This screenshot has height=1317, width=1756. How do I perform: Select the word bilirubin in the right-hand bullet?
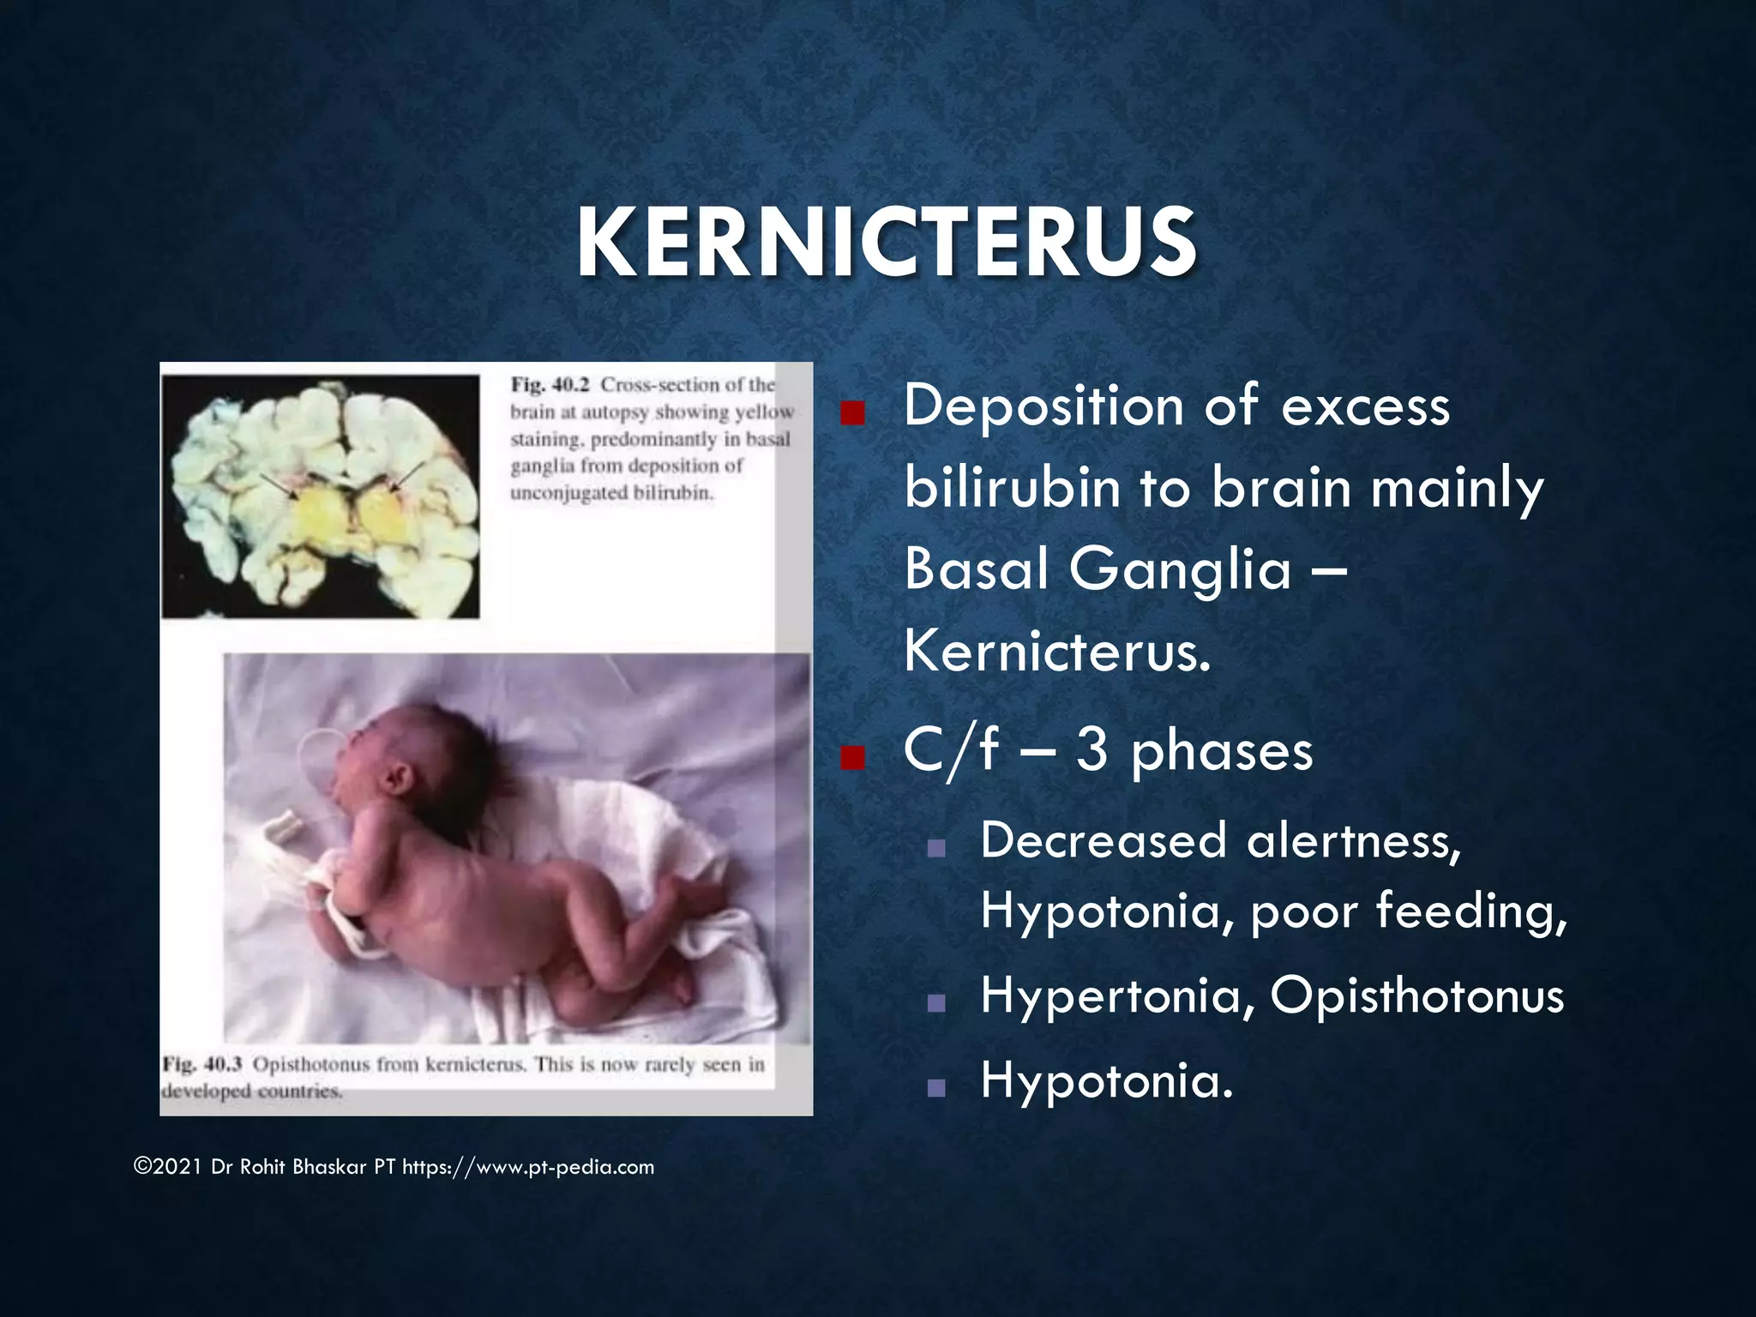click(x=1012, y=487)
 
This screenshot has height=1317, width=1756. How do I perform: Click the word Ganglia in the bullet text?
click(x=1180, y=570)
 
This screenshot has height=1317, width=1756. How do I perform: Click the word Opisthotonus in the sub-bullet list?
click(x=1416, y=996)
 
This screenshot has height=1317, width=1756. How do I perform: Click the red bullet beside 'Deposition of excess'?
click(x=851, y=415)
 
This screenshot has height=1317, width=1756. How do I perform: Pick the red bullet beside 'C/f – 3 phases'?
click(x=851, y=758)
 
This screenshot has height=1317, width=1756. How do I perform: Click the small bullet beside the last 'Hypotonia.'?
click(x=936, y=1088)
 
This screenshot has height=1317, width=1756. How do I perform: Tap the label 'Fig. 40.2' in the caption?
click(x=550, y=385)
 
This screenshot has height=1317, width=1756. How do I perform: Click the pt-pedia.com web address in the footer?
click(x=528, y=1167)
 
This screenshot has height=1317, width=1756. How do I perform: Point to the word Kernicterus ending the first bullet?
click(x=1056, y=652)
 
